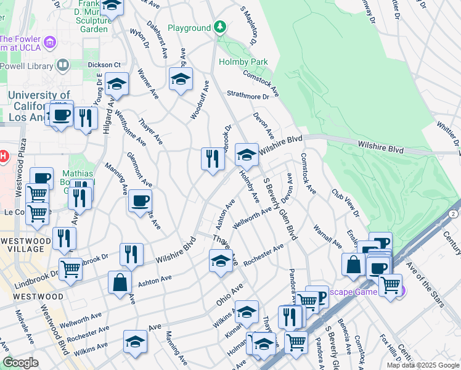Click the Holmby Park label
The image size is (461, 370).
click(243, 62)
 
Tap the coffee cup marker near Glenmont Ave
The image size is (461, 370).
click(141, 201)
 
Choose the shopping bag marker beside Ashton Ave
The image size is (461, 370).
click(120, 282)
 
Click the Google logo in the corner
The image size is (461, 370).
click(20, 363)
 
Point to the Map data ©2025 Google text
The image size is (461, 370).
click(423, 365)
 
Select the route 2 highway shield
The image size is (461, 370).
click(453, 213)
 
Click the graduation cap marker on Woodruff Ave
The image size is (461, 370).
click(181, 80)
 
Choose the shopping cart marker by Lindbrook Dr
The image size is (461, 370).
click(71, 269)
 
